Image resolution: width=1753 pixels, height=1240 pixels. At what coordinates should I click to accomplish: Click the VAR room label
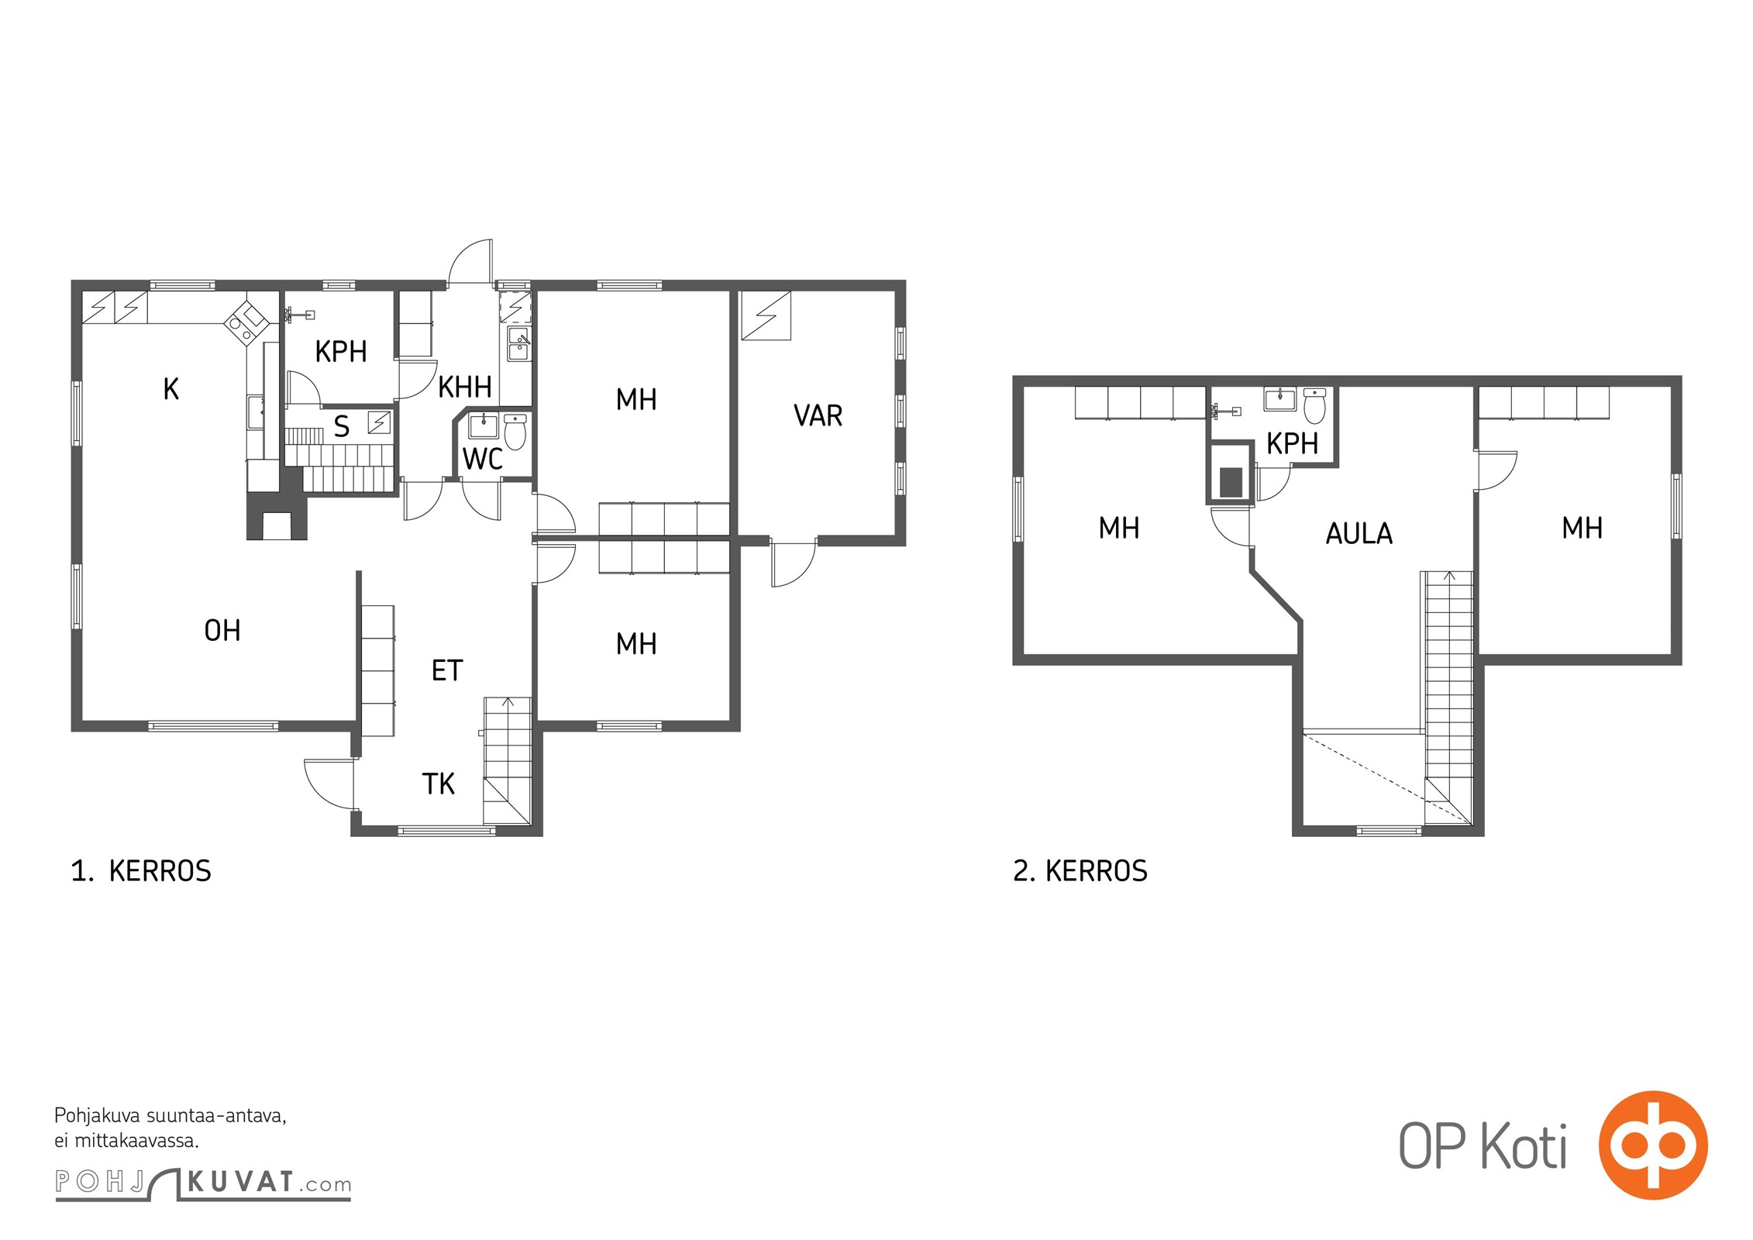tap(818, 415)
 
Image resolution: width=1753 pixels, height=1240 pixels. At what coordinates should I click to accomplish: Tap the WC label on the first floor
tap(482, 459)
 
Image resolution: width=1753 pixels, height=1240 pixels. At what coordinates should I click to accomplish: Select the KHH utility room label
tap(465, 387)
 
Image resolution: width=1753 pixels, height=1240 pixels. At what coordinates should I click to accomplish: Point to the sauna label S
tap(342, 426)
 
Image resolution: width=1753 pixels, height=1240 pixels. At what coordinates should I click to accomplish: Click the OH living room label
tap(222, 631)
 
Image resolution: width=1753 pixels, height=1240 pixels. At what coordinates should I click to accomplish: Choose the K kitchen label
tap(171, 389)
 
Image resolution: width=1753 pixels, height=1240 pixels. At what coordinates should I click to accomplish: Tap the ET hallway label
tap(447, 670)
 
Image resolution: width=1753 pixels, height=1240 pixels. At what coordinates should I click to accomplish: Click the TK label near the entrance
tap(439, 784)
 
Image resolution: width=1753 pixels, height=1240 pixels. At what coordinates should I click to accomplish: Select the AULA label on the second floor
tap(1359, 533)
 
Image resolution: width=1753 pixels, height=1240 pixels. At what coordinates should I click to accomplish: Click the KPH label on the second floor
tap(1292, 444)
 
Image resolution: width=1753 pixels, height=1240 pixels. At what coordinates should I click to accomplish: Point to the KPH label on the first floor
tap(341, 352)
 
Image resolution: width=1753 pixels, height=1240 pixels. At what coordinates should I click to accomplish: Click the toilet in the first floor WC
tap(515, 432)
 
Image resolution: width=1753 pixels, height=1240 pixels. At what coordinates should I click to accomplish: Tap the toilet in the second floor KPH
tap(1314, 406)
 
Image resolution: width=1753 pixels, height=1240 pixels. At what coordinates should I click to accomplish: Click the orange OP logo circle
tap(1653, 1145)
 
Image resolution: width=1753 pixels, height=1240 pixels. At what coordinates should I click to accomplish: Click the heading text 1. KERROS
tap(141, 871)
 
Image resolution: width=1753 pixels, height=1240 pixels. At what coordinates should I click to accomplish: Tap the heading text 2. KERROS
tap(1080, 871)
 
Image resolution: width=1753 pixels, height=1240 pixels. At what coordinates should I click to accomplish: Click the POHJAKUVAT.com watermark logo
tap(203, 1183)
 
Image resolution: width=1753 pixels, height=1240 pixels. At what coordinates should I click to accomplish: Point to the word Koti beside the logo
tap(1524, 1146)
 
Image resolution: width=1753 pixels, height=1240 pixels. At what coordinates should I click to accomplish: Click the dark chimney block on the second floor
tap(1231, 482)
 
